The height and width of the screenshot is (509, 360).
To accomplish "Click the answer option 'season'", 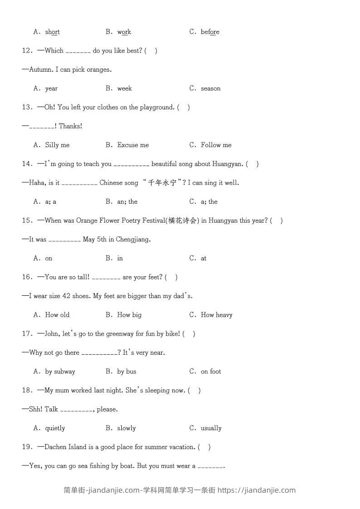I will (211, 88).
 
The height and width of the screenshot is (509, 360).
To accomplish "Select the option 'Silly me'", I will (57, 145).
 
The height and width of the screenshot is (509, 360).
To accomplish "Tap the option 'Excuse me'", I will (133, 145).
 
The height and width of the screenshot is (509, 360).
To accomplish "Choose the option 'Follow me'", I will (216, 145).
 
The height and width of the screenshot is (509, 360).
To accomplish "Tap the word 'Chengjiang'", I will (133, 240).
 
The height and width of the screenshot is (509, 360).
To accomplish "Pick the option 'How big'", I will (129, 315).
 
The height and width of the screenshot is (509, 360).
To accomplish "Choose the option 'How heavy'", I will (217, 315).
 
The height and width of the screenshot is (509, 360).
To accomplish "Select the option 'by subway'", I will (60, 372).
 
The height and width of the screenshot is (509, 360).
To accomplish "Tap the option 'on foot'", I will (211, 372).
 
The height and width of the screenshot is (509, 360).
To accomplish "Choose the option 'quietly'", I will (55, 428).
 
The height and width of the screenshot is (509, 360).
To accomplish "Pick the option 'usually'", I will (211, 428).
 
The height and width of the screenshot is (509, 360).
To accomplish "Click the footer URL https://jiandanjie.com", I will (256, 490).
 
